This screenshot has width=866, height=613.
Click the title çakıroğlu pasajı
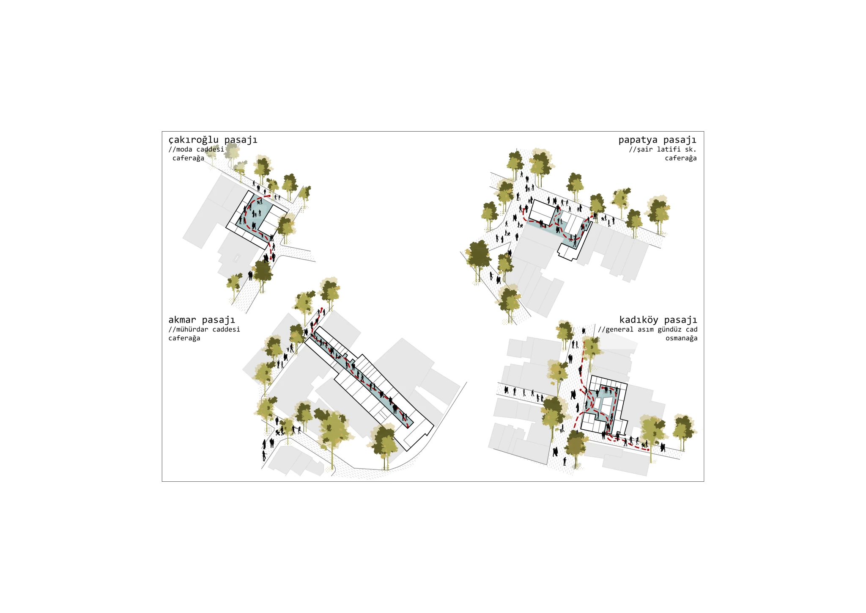point(213,140)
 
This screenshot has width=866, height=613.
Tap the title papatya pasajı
point(657,140)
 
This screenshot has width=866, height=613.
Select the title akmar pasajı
point(201,320)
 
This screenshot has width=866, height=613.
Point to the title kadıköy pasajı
point(658,320)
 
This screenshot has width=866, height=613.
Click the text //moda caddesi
point(196,149)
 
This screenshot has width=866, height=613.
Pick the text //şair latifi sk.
point(663,149)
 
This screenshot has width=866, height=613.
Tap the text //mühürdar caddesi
point(204,329)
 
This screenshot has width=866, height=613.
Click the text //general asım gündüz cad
point(647,329)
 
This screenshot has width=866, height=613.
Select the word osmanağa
point(681,338)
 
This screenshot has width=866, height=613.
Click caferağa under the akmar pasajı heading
point(184,338)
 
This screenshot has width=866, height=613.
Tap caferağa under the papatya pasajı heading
point(681,158)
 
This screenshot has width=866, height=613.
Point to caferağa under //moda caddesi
point(188,158)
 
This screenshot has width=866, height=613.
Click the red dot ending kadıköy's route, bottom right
point(648,450)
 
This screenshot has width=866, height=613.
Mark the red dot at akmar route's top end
point(322,309)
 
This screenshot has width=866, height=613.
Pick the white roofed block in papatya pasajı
point(542,211)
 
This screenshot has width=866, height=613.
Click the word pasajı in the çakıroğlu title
point(241,140)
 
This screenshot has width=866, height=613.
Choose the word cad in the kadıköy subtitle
point(691,329)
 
